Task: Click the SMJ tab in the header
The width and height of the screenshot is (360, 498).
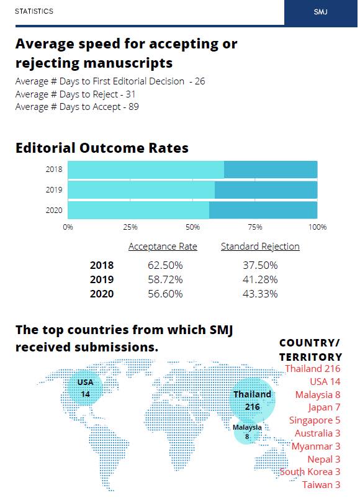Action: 321,12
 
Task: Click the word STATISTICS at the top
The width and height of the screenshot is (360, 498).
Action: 34,11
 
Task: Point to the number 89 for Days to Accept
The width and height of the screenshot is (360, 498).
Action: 133,107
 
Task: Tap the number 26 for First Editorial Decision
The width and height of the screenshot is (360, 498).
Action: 200,81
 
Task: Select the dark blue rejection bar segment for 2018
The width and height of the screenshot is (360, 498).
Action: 271,170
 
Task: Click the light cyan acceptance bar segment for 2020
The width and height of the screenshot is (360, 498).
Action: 138,211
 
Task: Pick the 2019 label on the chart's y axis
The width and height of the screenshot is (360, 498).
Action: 54,190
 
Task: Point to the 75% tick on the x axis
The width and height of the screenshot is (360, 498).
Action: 255,227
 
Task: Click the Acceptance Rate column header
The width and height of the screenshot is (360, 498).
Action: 163,247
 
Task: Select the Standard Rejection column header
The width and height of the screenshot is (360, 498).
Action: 260,247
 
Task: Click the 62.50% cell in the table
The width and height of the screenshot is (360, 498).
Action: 165,265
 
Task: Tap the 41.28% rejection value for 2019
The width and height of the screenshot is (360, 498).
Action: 260,279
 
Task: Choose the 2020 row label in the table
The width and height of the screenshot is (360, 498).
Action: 102,294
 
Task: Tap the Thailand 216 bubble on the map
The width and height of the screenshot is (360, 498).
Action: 253,401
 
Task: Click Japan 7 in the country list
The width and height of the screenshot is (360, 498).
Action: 324,407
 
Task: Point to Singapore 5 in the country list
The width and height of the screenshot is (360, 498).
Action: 315,420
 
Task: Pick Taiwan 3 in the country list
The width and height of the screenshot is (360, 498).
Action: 322,485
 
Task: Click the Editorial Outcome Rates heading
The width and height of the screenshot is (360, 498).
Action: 102,148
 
